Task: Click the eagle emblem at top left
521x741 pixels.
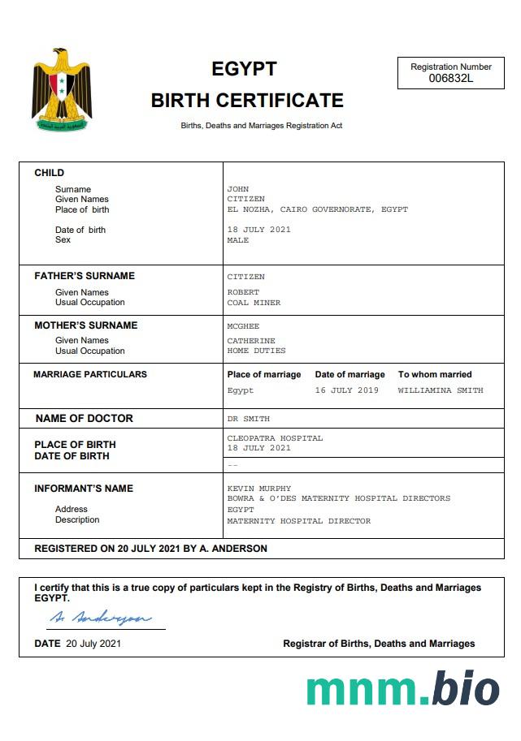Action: click(61, 89)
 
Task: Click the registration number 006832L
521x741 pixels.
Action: click(451, 79)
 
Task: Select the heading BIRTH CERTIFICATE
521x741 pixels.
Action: click(247, 101)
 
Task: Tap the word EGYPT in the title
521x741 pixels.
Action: click(244, 69)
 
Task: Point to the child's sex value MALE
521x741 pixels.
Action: click(238, 240)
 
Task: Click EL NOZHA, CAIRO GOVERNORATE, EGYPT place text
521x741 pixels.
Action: click(317, 209)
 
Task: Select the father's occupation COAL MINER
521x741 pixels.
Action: click(254, 303)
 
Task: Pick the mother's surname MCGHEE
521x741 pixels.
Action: click(243, 326)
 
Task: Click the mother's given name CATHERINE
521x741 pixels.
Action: click(251, 341)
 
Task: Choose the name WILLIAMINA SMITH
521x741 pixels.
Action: click(441, 390)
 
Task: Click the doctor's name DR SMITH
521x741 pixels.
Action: click(248, 419)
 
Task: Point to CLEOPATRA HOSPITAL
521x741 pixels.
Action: click(275, 438)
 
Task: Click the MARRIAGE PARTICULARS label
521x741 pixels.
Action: click(90, 375)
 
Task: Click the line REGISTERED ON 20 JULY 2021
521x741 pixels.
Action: click(150, 549)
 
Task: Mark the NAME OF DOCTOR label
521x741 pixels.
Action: click(85, 419)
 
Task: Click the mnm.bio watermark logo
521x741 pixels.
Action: click(403, 688)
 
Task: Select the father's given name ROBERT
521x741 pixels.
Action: click(243, 292)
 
